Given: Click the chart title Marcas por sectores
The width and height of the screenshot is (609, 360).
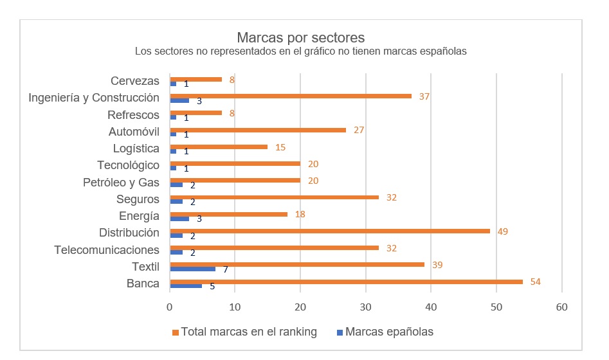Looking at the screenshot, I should [300, 37].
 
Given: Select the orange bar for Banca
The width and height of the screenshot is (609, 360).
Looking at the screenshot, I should [346, 281].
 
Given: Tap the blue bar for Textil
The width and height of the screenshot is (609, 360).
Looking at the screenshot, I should [192, 269].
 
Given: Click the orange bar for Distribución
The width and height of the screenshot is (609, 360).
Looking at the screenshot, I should [329, 230].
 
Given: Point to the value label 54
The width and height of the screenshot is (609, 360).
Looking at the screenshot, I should [535, 282].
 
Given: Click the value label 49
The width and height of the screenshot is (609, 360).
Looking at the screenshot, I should [503, 231].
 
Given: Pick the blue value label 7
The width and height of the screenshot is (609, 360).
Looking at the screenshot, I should [225, 270].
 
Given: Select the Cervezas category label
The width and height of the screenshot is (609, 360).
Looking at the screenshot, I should [134, 81].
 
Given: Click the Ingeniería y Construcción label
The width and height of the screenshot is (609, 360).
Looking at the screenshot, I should [94, 98].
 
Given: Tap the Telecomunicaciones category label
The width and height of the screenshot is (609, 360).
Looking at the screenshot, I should [107, 249].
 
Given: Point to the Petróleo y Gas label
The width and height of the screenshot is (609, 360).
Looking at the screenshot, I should [122, 182].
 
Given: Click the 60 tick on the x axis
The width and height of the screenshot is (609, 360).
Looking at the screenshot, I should [562, 307].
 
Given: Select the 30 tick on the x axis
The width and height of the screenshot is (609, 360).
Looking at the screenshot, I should [366, 307].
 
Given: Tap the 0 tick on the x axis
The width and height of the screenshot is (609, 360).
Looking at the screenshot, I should [169, 307].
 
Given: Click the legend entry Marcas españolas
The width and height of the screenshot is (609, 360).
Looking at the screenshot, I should [388, 332].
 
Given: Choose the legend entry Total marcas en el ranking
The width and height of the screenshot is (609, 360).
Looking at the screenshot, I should [248, 332].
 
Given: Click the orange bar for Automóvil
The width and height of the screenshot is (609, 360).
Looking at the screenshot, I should [257, 129].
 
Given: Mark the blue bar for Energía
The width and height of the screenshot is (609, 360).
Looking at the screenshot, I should [179, 219].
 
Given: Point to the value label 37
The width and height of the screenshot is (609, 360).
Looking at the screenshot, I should [424, 96].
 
